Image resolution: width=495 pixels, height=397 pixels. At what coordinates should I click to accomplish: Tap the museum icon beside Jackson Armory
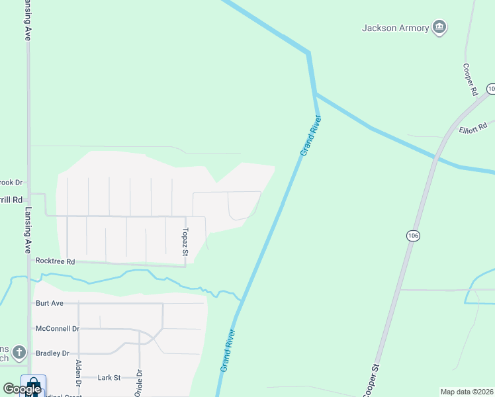[x=439, y=27]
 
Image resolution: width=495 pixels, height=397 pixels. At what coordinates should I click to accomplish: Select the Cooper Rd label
[x=470, y=80]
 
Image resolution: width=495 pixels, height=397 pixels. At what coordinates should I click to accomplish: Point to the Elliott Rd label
[x=472, y=126]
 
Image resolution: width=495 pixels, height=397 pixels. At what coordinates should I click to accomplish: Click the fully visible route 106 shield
[x=414, y=236]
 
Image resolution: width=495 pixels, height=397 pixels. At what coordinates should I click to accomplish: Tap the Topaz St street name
[x=186, y=242]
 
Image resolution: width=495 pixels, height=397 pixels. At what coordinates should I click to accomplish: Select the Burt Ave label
[x=49, y=303]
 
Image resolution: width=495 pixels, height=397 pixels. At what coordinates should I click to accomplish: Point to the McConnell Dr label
[x=57, y=328]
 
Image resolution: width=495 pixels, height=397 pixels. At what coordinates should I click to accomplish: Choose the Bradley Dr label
[x=52, y=353]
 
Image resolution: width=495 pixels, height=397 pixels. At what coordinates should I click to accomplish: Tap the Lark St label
[x=109, y=378]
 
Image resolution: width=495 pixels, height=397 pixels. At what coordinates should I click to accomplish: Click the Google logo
[x=22, y=389]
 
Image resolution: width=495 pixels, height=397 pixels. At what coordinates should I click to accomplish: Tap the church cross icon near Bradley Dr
[x=20, y=351]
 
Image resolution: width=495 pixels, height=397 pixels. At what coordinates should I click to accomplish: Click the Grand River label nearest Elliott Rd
[x=310, y=136]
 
